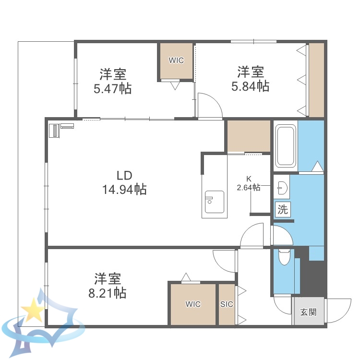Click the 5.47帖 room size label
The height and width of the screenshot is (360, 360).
click(x=113, y=88)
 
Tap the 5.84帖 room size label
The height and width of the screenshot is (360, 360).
click(x=250, y=86)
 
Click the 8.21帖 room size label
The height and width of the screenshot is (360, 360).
click(x=107, y=292)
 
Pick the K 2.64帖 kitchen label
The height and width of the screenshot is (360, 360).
click(x=249, y=183)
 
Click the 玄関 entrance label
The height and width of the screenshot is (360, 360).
click(x=308, y=312)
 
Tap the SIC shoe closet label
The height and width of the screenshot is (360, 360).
click(x=227, y=304)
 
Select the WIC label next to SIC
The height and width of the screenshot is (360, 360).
click(x=193, y=304)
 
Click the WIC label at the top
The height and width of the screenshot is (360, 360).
click(x=176, y=60)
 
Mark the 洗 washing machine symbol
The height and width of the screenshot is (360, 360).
click(x=283, y=209)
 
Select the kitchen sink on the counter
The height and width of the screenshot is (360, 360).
click(x=214, y=202)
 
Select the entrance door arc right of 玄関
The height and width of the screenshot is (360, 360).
click(x=339, y=310)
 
